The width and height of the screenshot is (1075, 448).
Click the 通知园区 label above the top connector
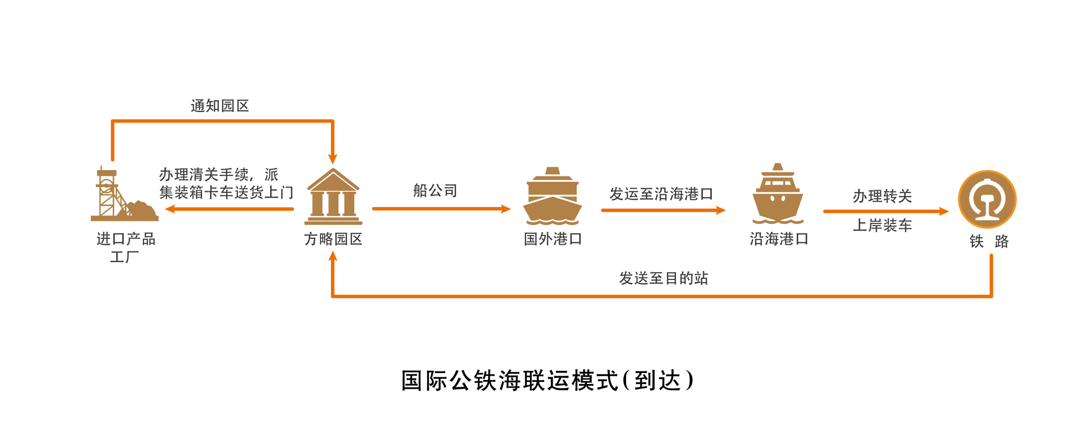(219, 106)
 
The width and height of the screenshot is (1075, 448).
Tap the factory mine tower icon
(124, 194)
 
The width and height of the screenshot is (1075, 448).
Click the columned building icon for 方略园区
(333, 196)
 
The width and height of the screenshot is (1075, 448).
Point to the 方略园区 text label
(333, 239)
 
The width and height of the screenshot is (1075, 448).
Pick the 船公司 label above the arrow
(435, 191)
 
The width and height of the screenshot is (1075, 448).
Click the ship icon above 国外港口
(552, 196)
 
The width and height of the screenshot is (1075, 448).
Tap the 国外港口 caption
(553, 239)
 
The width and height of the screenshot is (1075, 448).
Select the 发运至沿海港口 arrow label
(661, 194)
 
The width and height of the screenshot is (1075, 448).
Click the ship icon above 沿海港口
(777, 193)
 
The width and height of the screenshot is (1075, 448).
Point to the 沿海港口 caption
(778, 239)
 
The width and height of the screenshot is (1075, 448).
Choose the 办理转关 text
(882, 197)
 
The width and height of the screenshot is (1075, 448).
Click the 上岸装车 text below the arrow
(882, 226)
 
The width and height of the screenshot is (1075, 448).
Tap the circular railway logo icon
(987, 199)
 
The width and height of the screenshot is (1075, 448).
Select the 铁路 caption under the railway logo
(989, 241)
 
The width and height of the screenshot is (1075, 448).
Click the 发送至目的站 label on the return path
(664, 278)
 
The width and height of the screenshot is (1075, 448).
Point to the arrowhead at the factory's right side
(170, 209)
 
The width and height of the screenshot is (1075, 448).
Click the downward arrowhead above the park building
(333, 159)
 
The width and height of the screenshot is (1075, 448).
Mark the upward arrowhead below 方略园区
(333, 257)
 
